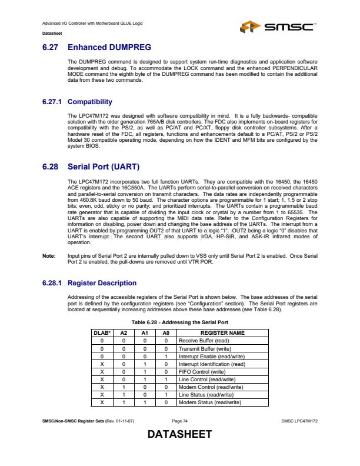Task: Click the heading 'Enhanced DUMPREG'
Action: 109,46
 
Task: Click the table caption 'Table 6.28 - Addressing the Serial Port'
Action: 179,322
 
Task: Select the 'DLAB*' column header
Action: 102,333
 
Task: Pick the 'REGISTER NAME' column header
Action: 222,333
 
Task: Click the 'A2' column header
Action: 124,333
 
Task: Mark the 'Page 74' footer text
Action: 179,421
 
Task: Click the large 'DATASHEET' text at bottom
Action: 179,435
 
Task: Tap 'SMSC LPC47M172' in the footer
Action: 300,421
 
